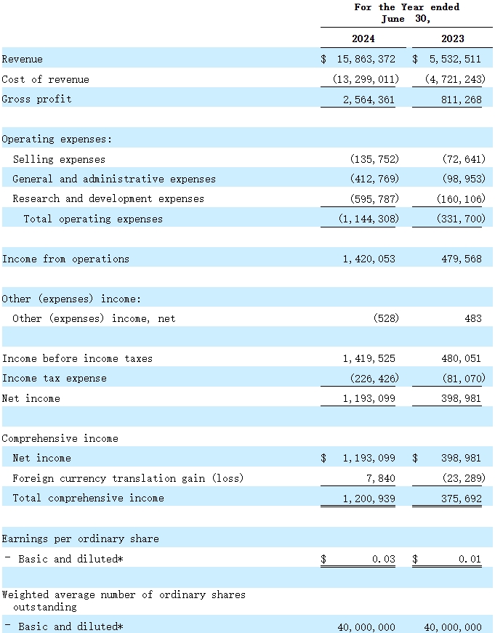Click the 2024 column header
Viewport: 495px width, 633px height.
click(x=363, y=39)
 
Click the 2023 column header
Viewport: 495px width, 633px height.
click(x=452, y=39)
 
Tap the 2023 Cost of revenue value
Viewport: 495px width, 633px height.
click(x=454, y=79)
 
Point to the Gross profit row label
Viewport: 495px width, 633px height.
click(x=37, y=99)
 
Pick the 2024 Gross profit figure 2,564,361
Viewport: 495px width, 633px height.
click(x=369, y=100)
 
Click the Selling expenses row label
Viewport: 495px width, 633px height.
click(x=59, y=159)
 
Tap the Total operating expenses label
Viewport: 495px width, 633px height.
click(x=93, y=219)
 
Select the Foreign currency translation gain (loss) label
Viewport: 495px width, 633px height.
click(x=128, y=478)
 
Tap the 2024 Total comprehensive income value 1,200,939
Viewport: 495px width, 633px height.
click(x=369, y=499)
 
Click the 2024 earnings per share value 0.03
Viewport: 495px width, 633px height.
click(x=383, y=559)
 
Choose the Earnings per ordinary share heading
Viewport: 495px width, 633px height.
click(x=80, y=539)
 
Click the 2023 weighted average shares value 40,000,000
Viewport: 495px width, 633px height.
click(x=452, y=626)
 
